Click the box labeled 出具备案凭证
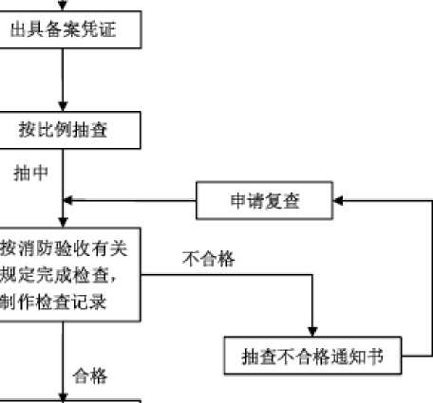pos(70,29)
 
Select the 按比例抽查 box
pos(70,130)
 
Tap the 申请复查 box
pos(264,200)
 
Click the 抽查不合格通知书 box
pos(312,356)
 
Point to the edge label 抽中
pos(30,174)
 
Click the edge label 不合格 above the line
pos(208,259)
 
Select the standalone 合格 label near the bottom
pos(90,376)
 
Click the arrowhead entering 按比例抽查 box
pos(63,106)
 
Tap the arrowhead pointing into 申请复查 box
pos(338,200)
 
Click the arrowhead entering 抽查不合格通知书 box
pos(312,332)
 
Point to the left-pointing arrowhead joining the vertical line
pos(68,200)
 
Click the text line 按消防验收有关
pos(64,248)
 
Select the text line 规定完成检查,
pos(59,275)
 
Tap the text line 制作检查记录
pos(53,302)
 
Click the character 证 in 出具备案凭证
pos(107,29)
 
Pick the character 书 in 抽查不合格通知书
pos(375,357)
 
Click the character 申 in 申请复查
pos(238,200)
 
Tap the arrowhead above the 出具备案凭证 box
pos(63,6)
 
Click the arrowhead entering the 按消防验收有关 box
pos(63,223)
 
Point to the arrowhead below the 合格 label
pos(63,398)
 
